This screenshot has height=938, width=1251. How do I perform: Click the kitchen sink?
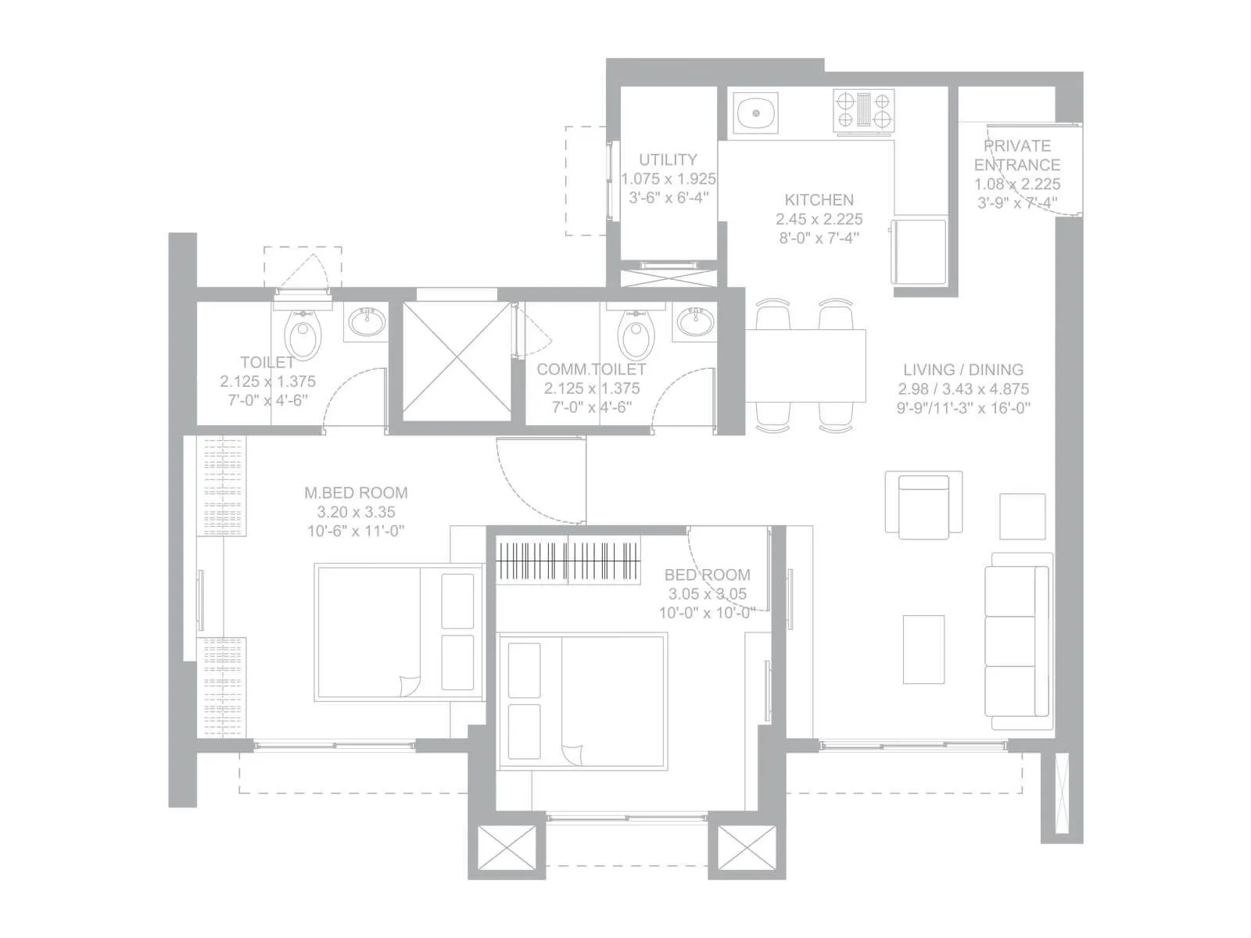pos(756,113)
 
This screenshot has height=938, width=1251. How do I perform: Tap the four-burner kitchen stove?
pos(863,109)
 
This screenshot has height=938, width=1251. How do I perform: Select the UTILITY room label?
pos(668,159)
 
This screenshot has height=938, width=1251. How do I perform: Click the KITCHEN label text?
pos(819,200)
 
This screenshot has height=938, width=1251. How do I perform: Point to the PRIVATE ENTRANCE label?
pos(1017,156)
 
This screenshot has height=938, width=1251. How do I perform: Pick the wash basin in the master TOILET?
pos(367,321)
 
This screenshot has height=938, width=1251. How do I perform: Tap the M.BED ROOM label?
pos(356,493)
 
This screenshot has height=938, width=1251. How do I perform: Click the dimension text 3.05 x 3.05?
pos(707,594)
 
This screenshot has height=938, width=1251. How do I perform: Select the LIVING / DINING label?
pos(962,370)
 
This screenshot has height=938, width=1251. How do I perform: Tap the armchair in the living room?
pos(923,506)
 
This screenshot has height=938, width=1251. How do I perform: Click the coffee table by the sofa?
pos(923,650)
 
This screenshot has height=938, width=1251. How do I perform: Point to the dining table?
pos(805,366)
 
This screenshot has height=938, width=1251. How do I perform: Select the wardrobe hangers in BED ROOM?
pos(569,560)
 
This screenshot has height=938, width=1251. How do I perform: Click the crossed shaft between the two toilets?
pos(456,361)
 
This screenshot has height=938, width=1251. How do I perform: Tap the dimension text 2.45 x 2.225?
pos(819,220)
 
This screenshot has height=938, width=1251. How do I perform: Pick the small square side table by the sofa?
pos(1023,516)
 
